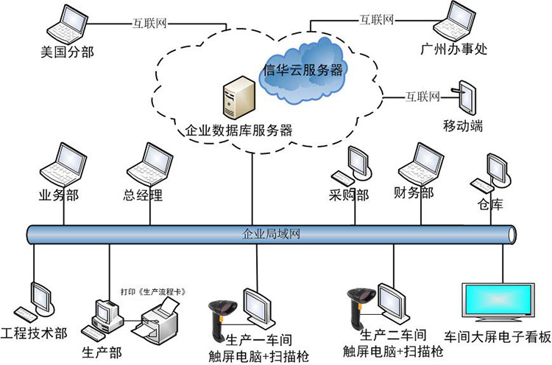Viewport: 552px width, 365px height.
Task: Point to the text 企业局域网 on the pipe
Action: (271, 235)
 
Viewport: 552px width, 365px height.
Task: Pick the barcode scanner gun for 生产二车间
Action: (359, 310)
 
